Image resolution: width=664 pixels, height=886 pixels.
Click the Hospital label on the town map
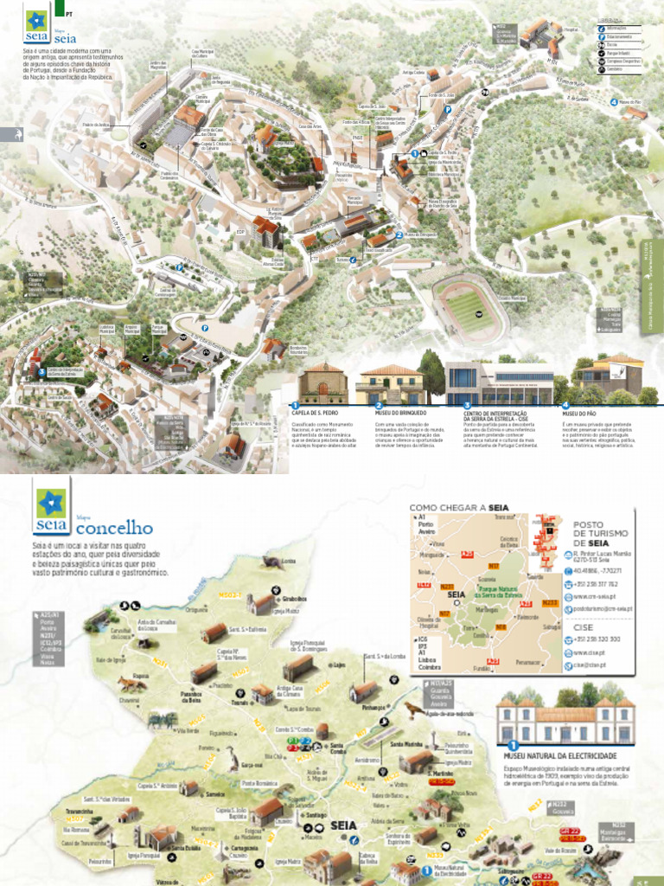pyautogui.click(x=570, y=29)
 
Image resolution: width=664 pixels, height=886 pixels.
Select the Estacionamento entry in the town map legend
pyautogui.click(x=619, y=36)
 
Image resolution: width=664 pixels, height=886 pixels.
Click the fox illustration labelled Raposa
pyautogui.click(x=132, y=684)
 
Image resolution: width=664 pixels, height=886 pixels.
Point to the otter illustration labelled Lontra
pyautogui.click(x=271, y=562)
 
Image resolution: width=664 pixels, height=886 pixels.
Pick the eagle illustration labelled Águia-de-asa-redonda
pyautogui.click(x=415, y=710)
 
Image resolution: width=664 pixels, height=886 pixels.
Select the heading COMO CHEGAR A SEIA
pyautogui.click(x=458, y=508)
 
